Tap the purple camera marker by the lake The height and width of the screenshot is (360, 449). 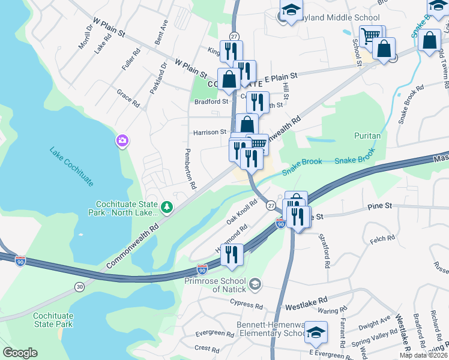tap(122, 141)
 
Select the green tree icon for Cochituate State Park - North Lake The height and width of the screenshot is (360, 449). tap(166, 208)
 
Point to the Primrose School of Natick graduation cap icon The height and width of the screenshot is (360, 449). tap(255, 283)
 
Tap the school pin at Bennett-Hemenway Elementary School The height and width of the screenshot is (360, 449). tap(315, 332)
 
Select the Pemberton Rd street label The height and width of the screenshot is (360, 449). tap(190, 169)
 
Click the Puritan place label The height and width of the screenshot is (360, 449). tap(367, 136)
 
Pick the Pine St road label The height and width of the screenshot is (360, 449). tap(379, 206)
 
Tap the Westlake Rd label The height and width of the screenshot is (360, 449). tap(307, 299)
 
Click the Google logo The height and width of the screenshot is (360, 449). tap(20, 353)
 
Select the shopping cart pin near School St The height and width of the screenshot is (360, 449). tap(370, 35)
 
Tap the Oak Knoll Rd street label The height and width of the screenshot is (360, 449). tap(243, 212)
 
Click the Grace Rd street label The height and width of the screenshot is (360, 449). tap(128, 98)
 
